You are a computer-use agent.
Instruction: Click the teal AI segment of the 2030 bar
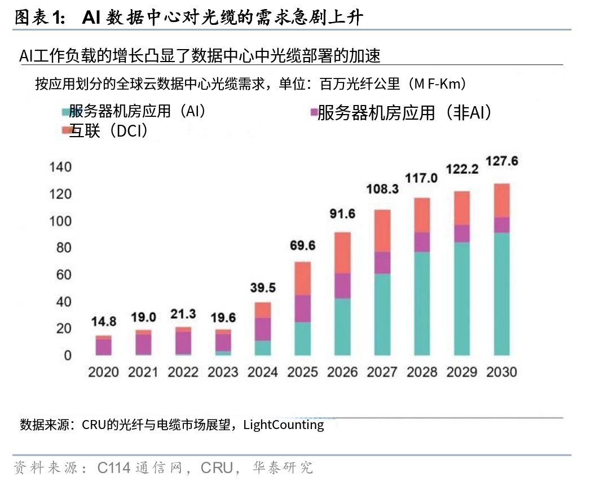coord(501,294)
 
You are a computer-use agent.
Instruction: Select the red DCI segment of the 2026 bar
coord(343,252)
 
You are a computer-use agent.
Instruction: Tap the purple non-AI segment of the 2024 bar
coord(263,329)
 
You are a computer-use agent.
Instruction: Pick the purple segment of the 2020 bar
coord(104,347)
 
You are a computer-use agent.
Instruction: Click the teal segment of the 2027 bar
coord(382,314)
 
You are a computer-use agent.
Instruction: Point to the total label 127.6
coord(501,161)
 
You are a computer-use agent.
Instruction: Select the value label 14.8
coord(104,322)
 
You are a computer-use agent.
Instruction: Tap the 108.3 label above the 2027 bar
coord(382,189)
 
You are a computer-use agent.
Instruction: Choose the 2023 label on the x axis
coord(223,372)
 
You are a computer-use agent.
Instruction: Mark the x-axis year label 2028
coord(422,372)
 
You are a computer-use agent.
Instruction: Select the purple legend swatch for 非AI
coord(313,113)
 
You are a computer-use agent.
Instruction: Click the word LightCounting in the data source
coord(284,425)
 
